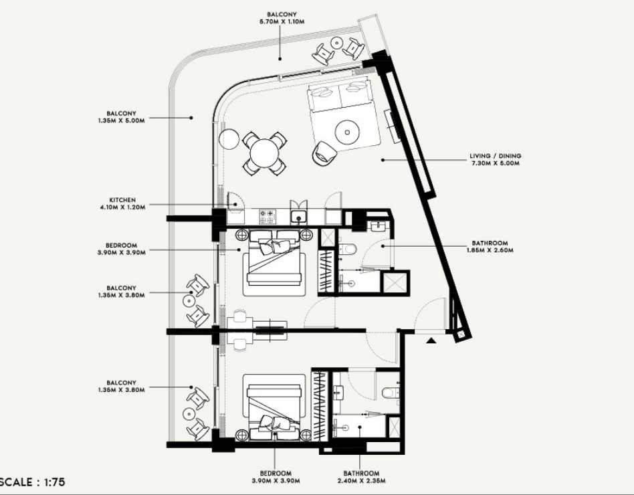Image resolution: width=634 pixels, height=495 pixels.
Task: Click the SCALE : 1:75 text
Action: [32, 482]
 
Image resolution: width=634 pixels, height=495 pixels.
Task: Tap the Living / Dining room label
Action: [495, 159]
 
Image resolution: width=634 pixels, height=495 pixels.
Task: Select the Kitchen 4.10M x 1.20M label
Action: [122, 203]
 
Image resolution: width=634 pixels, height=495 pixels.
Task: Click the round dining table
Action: [264, 153]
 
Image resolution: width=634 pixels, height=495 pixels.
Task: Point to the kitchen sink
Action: [299, 217]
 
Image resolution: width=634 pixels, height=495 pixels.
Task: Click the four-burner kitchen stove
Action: [268, 217]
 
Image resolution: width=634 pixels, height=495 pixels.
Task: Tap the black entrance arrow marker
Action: [431, 340]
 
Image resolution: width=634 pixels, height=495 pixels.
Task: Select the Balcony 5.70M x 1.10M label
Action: [282, 18]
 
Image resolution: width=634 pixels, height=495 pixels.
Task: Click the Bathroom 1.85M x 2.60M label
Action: [490, 246]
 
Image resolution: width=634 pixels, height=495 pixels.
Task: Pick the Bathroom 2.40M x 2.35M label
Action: [361, 477]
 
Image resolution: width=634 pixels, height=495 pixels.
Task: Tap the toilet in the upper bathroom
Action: [348, 249]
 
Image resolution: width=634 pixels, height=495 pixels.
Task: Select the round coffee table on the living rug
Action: [347, 132]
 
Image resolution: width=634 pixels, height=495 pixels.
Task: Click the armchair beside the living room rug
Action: [323, 153]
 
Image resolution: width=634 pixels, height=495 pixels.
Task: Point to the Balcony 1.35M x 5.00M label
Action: [121, 117]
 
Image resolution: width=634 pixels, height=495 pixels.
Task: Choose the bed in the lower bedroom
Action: [274, 407]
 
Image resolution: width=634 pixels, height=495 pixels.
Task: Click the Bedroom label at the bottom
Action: [276, 477]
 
